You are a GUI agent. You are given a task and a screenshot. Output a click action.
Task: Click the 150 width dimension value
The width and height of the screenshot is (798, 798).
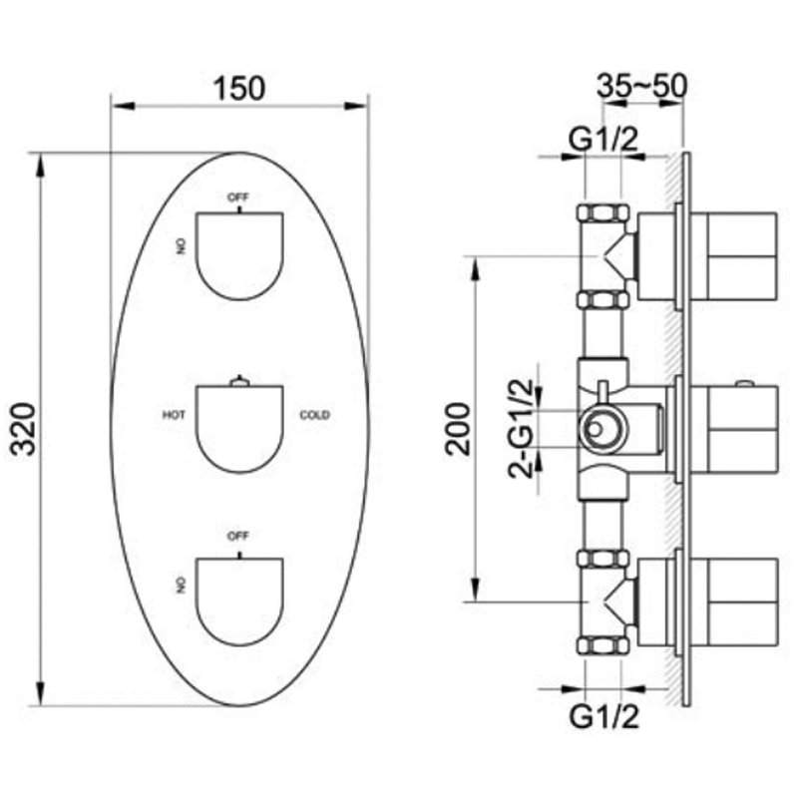tap(239, 88)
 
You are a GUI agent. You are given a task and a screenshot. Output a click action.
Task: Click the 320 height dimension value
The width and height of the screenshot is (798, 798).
tap(24, 429)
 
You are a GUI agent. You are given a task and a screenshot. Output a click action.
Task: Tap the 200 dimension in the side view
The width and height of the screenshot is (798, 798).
tap(458, 428)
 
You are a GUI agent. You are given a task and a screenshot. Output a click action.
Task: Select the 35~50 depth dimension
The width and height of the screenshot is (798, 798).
tap(641, 86)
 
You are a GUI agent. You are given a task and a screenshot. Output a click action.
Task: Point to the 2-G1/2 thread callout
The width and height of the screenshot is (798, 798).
tap(521, 429)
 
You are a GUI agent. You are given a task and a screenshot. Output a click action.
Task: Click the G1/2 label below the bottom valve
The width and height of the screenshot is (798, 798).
tap(603, 717)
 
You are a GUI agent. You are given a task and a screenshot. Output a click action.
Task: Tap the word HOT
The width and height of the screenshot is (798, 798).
tap(174, 415)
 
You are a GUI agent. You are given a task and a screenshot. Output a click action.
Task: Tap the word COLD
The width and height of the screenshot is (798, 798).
tap(314, 415)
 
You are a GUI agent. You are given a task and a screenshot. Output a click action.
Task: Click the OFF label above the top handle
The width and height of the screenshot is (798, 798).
tap(238, 197)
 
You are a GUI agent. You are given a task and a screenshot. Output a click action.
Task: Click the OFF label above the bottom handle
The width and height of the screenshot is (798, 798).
tap(238, 536)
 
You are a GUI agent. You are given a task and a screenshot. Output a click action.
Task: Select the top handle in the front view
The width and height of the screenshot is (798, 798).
tap(239, 255)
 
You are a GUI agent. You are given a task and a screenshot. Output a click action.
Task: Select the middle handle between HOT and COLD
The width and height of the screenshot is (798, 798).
tap(239, 429)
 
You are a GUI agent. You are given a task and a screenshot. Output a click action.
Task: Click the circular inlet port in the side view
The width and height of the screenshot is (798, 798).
tap(596, 430)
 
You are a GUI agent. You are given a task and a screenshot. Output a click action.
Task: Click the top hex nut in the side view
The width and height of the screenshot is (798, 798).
tap(603, 212)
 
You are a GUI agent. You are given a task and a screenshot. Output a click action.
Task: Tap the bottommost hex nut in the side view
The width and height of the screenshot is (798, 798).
tap(603, 645)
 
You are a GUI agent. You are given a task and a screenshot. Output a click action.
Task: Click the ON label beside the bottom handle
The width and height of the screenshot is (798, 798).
tap(182, 586)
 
